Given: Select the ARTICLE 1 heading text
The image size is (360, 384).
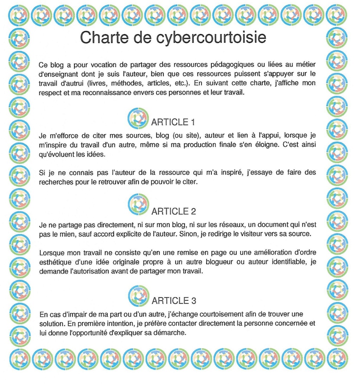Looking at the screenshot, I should (173, 122).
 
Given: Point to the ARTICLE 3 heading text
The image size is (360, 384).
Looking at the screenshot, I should (173, 301).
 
